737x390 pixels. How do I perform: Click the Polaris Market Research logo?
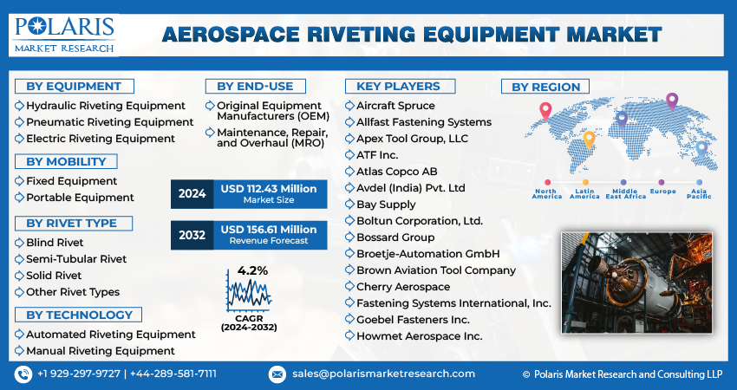coord(65,34)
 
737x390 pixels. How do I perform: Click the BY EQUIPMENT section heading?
coord(74,86)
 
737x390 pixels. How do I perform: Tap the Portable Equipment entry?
coord(80,198)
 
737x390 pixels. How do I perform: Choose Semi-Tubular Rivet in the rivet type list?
coord(76,258)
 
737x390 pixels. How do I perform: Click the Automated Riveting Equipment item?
coord(110,334)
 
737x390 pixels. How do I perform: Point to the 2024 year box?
coord(192,194)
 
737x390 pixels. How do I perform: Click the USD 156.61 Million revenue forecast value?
coord(268,229)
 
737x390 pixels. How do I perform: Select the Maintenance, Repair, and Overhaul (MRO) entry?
coord(263,138)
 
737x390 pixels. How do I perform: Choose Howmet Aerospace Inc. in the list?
coord(420,335)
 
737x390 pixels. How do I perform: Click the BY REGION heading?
coord(545,87)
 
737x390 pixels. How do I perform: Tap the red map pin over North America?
coord(545,110)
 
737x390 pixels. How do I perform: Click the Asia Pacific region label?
coord(699,193)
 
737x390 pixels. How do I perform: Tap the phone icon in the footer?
coord(23,374)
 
